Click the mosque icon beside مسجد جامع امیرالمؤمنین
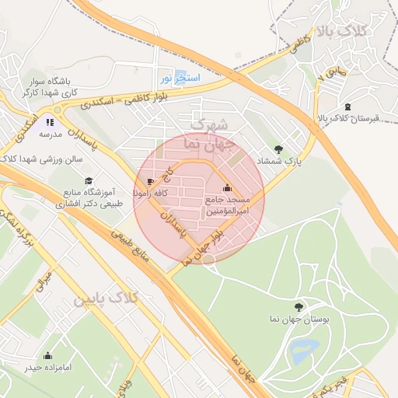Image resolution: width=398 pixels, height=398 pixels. pyautogui.click(x=227, y=187)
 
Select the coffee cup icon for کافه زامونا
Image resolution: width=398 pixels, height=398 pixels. pyautogui.click(x=151, y=181)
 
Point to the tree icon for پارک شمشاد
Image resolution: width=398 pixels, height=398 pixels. pyautogui.click(x=278, y=148)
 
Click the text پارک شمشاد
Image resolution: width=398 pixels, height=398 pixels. pyautogui.click(x=278, y=160)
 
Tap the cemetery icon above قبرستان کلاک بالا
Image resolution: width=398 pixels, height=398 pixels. pyautogui.click(x=347, y=107)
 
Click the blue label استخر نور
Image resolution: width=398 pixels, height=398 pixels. pyautogui.click(x=180, y=78)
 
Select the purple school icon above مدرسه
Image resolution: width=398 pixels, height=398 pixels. pyautogui.click(x=51, y=122)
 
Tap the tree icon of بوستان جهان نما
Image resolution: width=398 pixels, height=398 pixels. pyautogui.click(x=299, y=307)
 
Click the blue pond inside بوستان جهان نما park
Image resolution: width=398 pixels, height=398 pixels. pyautogui.click(x=302, y=351)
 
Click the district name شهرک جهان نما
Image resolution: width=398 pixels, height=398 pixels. pyautogui.click(x=207, y=134)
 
